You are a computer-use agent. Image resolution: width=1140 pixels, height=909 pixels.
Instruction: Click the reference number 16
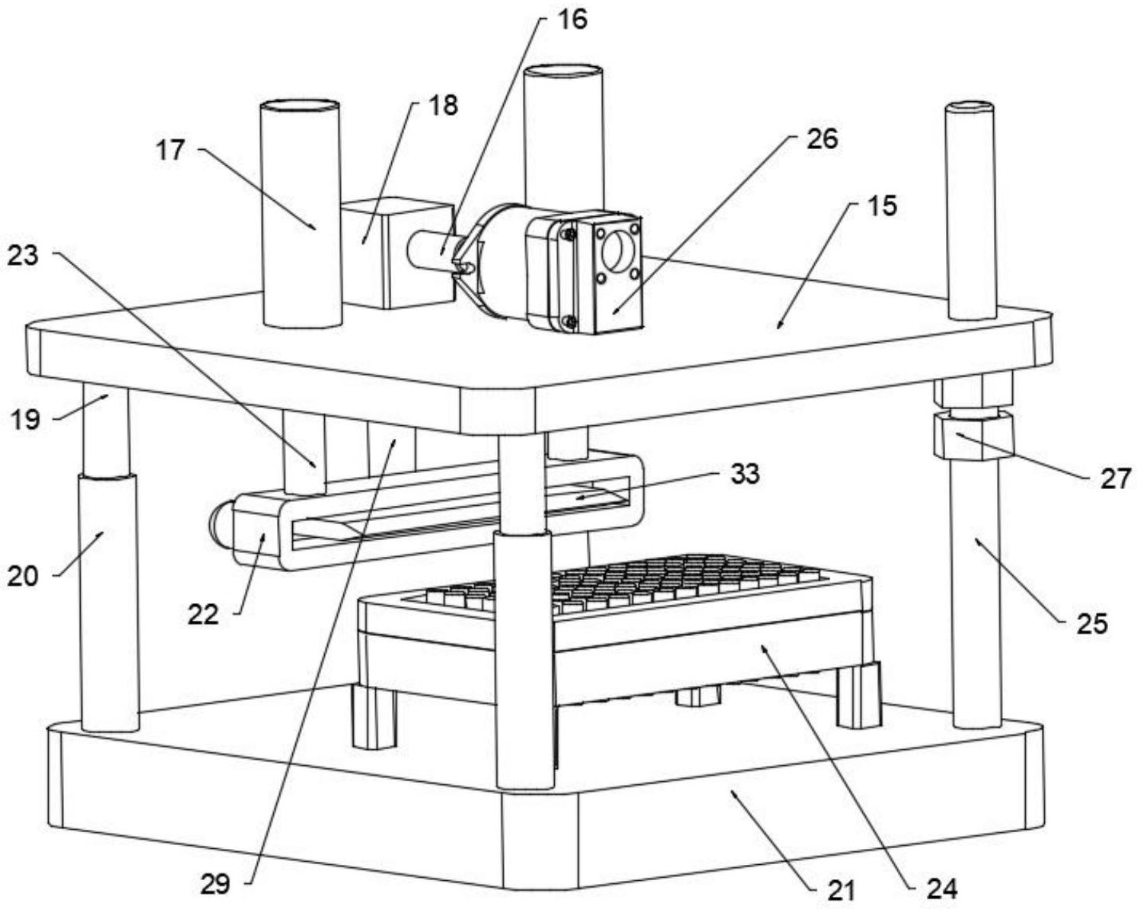(x=572, y=19)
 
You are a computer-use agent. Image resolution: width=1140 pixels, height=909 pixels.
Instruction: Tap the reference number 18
(x=443, y=105)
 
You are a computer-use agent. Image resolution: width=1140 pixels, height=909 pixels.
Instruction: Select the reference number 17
(x=171, y=150)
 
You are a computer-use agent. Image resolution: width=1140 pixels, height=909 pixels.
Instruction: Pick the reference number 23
(x=23, y=256)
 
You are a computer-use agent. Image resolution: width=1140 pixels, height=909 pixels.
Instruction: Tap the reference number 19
(x=26, y=418)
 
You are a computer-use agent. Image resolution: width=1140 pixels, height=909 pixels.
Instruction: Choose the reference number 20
(x=23, y=576)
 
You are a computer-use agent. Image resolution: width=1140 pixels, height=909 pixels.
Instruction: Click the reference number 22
(x=203, y=614)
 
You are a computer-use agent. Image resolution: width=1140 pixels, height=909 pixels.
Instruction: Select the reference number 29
(x=215, y=883)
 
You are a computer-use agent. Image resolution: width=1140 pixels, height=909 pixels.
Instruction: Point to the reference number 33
(x=745, y=473)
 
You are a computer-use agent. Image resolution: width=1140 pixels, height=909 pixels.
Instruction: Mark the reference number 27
(x=1116, y=478)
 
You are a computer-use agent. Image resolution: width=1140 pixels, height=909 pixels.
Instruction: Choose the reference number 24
(x=942, y=887)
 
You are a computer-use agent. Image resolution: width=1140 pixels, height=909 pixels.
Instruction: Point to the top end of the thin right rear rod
(x=970, y=108)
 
